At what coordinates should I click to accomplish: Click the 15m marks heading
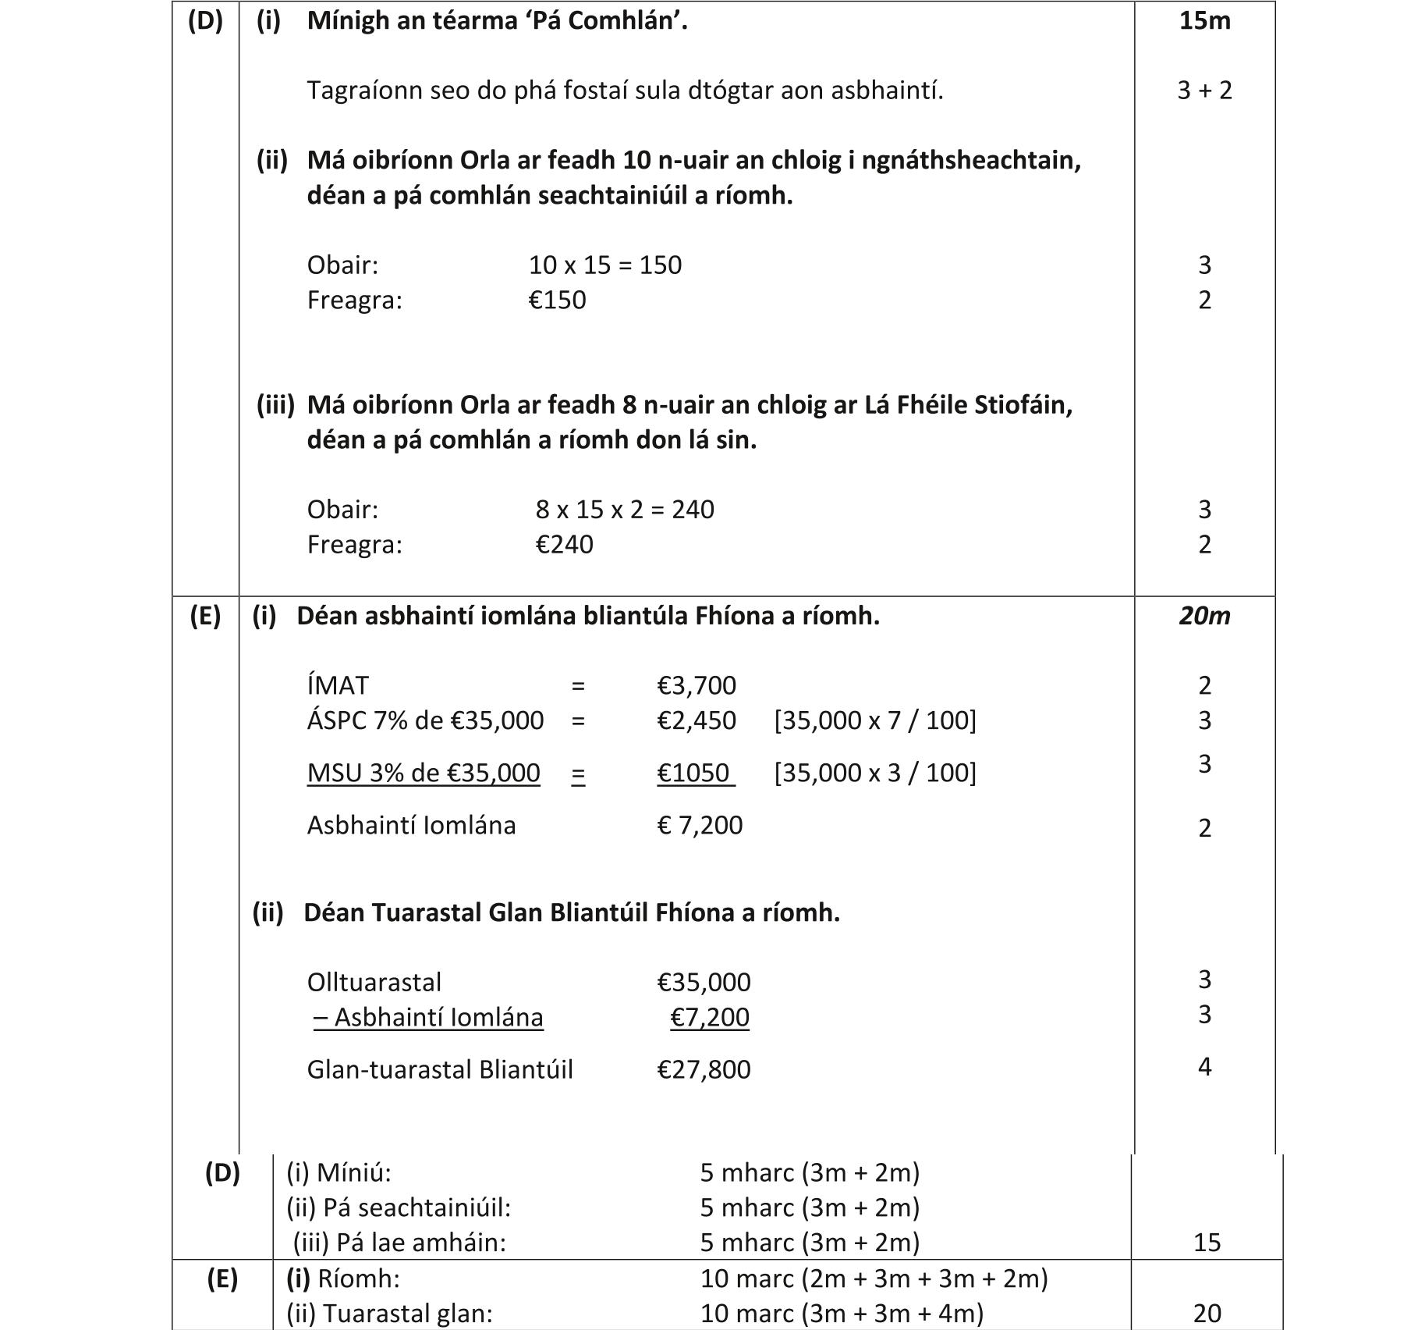click(1204, 20)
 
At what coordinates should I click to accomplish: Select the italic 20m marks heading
click(1204, 616)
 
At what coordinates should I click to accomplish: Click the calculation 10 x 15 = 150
click(604, 265)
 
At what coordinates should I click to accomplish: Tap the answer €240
click(564, 544)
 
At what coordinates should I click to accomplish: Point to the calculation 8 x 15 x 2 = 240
click(624, 510)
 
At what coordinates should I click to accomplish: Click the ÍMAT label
click(337, 685)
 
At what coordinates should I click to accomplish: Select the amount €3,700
click(696, 685)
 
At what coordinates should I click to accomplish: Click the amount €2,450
click(696, 720)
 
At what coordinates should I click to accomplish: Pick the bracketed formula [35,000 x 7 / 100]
click(874, 720)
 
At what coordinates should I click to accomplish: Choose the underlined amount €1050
click(694, 773)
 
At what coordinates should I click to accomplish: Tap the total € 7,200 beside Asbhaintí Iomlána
click(700, 825)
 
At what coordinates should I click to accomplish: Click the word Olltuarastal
click(374, 982)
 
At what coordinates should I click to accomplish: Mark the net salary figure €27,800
click(704, 1069)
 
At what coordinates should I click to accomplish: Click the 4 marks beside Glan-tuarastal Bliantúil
click(1204, 1067)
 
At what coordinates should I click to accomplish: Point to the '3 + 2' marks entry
click(1204, 91)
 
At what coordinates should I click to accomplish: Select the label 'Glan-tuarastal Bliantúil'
click(439, 1069)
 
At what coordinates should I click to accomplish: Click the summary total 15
click(1207, 1243)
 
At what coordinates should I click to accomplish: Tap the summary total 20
click(1207, 1314)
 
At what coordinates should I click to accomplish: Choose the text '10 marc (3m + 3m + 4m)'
click(842, 1314)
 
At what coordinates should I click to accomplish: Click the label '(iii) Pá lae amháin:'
click(399, 1243)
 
